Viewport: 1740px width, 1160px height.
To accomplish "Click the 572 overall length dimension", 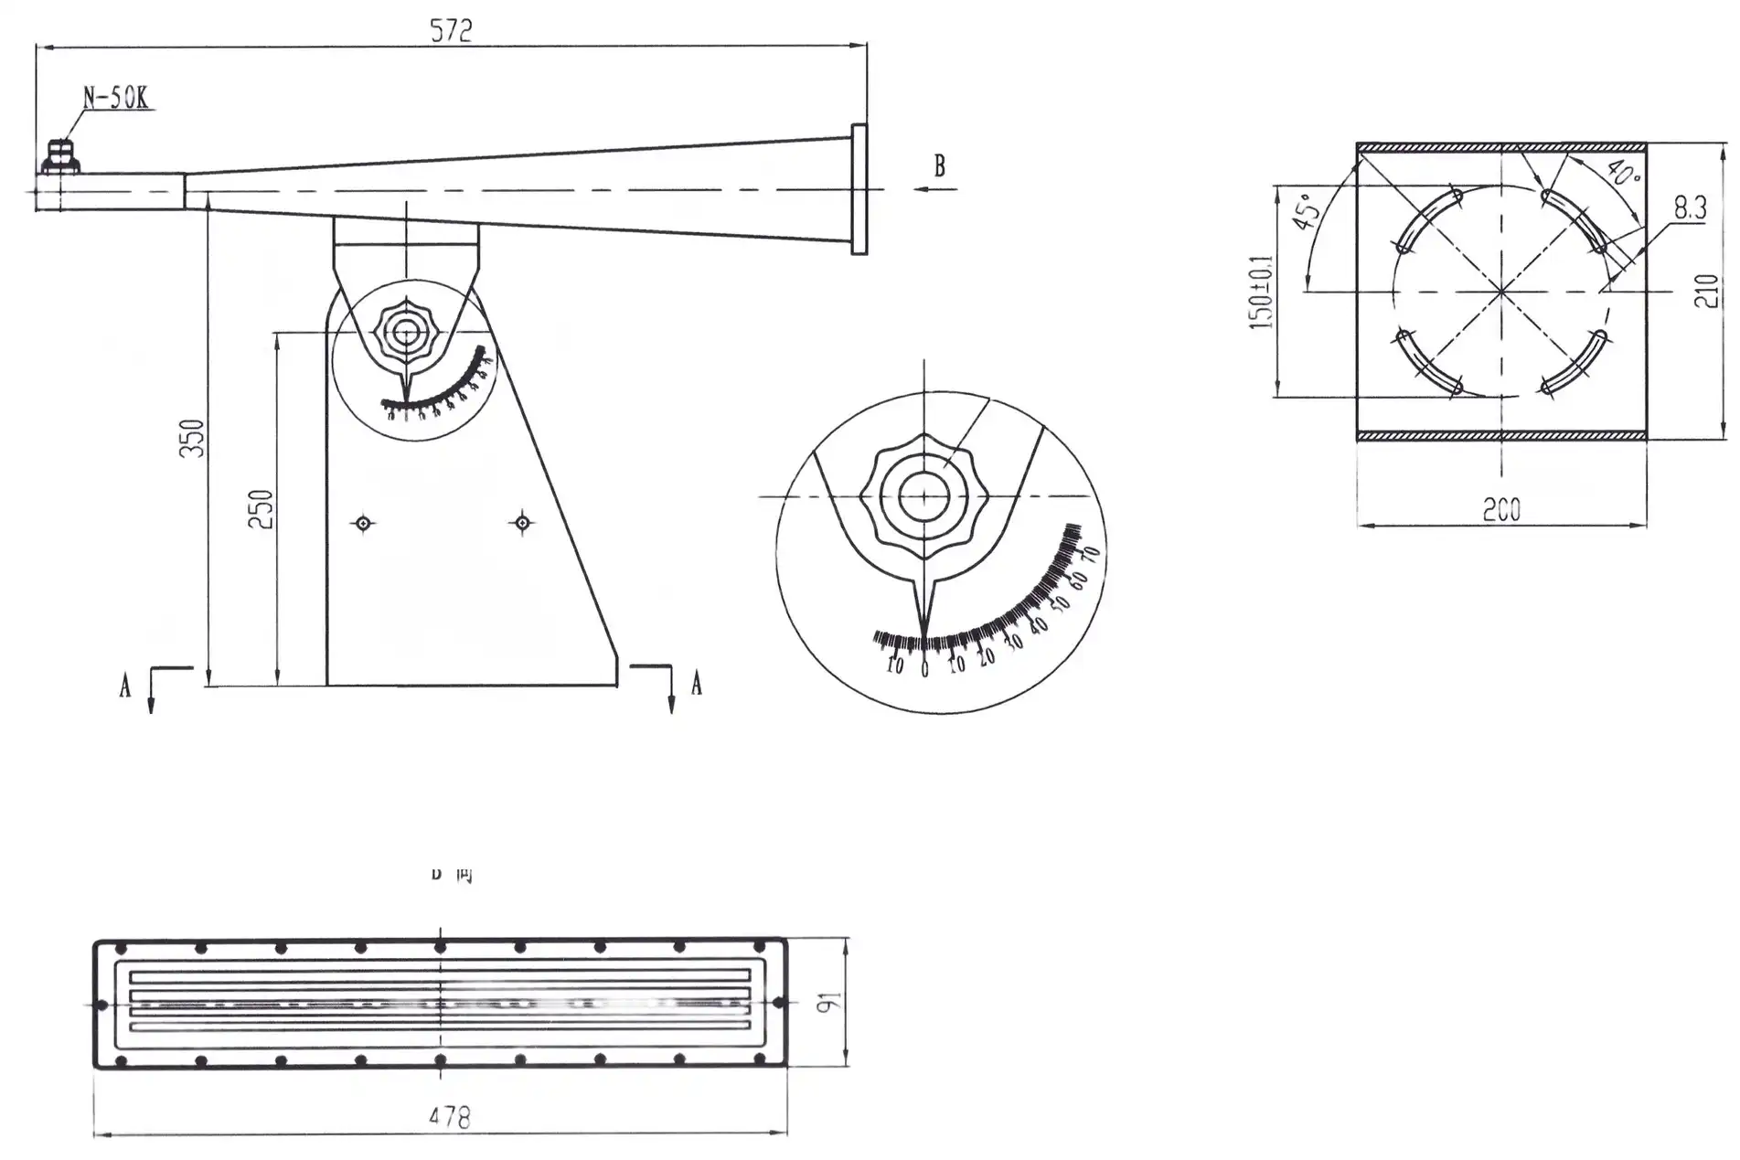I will click(x=451, y=31).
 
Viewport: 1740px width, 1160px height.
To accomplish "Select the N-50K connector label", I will click(x=116, y=98).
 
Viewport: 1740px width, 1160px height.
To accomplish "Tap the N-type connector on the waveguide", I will click(x=60, y=156).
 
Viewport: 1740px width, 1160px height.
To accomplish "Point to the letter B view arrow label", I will click(x=939, y=166).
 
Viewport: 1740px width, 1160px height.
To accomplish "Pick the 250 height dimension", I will click(x=262, y=509).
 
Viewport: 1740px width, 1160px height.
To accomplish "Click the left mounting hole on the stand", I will click(x=364, y=523).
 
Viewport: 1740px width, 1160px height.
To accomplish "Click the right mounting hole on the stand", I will click(x=522, y=523).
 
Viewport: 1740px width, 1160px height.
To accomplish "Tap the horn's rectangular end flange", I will click(x=859, y=189).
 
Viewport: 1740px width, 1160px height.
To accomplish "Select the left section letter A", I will click(x=125, y=686).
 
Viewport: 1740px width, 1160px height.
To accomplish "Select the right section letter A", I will click(x=697, y=684).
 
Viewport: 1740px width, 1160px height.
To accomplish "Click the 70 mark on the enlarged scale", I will click(x=1090, y=555).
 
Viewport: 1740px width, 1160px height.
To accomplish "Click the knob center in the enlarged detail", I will click(x=923, y=496).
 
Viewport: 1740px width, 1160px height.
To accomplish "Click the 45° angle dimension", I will click(x=1305, y=211).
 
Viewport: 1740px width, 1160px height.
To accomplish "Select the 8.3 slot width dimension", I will click(x=1690, y=208).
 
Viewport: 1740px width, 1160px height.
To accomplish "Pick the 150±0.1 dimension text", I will click(x=1262, y=292).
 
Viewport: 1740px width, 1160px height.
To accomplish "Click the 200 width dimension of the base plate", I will click(x=1501, y=510).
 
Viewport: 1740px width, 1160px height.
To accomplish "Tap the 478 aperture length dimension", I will click(x=449, y=1118).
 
